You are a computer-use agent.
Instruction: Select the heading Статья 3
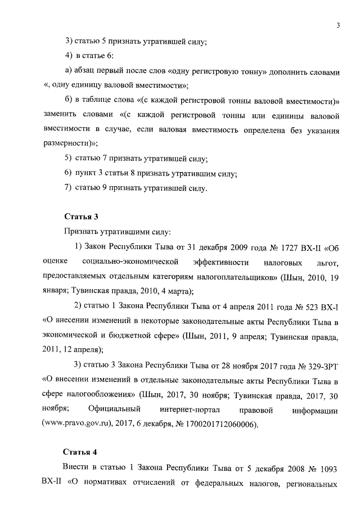point(79,216)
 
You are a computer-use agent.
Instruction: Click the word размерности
point(64,143)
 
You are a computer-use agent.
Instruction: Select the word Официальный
point(115,409)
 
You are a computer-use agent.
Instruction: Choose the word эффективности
point(220,262)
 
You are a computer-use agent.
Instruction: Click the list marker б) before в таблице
point(69,100)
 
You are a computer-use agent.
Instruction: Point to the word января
point(55,291)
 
